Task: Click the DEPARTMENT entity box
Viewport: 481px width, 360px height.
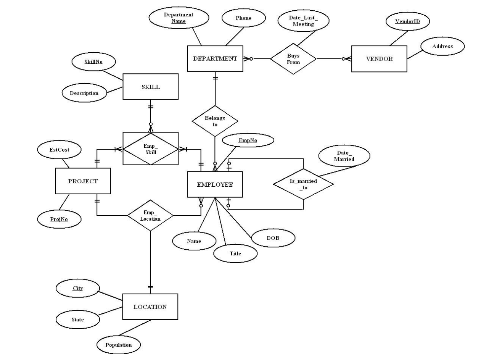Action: [x=215, y=59]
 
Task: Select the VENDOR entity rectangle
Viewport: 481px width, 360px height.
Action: [x=379, y=59]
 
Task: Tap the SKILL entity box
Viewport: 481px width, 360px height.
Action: [x=150, y=87]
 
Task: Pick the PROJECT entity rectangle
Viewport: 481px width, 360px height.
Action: [x=83, y=181]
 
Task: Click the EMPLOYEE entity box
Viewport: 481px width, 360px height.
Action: [x=215, y=184]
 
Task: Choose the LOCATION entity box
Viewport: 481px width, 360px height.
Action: [x=150, y=307]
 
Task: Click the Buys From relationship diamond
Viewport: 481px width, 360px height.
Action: [x=293, y=59]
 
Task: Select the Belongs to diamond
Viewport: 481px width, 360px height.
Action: [x=215, y=121]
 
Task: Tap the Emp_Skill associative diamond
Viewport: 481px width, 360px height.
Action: [x=150, y=149]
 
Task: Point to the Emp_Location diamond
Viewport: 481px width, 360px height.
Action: [x=150, y=216]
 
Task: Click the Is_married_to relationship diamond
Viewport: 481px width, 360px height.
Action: [x=303, y=184]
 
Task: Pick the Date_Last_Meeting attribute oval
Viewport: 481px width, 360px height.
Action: [x=303, y=21]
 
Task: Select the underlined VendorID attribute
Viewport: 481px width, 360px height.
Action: [x=407, y=21]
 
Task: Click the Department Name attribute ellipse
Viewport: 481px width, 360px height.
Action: [x=179, y=18]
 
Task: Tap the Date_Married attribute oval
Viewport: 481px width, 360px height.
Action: [x=344, y=156]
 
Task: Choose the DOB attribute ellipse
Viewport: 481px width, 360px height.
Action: [x=273, y=238]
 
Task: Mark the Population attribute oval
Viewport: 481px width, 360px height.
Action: [x=119, y=345]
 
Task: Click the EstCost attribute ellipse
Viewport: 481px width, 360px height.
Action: [x=59, y=150]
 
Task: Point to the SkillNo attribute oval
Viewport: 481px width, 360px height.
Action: [x=93, y=61]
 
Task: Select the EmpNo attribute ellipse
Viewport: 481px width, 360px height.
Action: [x=248, y=140]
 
